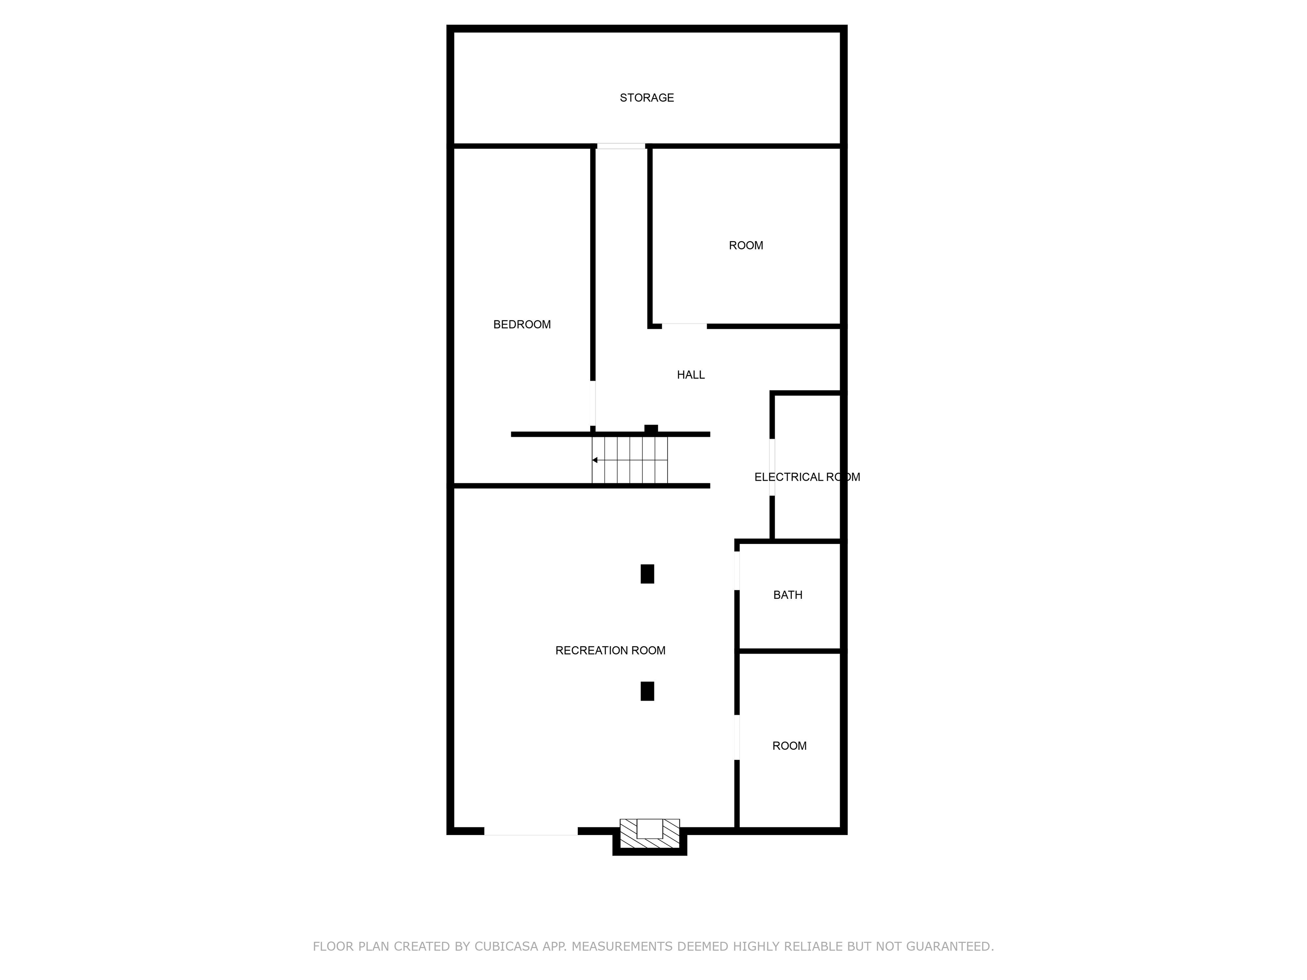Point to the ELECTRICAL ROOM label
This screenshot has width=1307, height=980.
(x=807, y=477)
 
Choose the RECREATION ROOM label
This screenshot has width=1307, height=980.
(x=611, y=650)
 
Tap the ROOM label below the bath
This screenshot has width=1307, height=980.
(x=789, y=746)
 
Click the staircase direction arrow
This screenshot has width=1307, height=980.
(x=630, y=460)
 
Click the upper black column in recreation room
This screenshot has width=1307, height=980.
(x=648, y=574)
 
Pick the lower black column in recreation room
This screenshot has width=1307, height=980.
(x=648, y=691)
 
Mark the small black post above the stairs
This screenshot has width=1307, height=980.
(x=651, y=429)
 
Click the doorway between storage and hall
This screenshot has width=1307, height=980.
(x=621, y=146)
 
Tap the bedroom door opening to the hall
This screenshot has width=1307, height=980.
(x=593, y=404)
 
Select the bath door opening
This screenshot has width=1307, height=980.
(x=737, y=571)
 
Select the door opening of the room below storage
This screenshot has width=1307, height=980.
(x=684, y=326)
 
